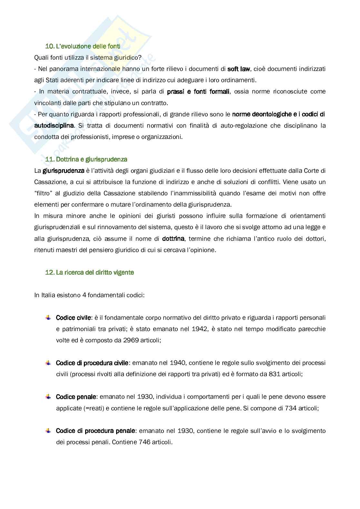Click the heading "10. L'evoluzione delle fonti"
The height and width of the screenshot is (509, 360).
[83, 46]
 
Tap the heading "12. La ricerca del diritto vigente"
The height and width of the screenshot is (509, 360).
[89, 272]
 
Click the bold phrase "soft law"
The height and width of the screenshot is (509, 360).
[239, 69]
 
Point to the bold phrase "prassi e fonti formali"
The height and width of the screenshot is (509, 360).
[198, 92]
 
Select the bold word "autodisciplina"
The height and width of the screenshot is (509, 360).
[54, 125]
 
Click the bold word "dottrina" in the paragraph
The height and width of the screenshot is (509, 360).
[173, 239]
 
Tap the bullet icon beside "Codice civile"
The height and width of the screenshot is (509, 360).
[48, 318]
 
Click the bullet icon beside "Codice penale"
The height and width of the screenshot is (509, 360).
[48, 396]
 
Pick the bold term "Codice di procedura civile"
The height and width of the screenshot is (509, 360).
[92, 363]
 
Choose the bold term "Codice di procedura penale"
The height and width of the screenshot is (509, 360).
[95, 431]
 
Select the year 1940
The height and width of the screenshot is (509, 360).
[177, 363]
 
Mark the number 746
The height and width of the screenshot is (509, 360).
[145, 442]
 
